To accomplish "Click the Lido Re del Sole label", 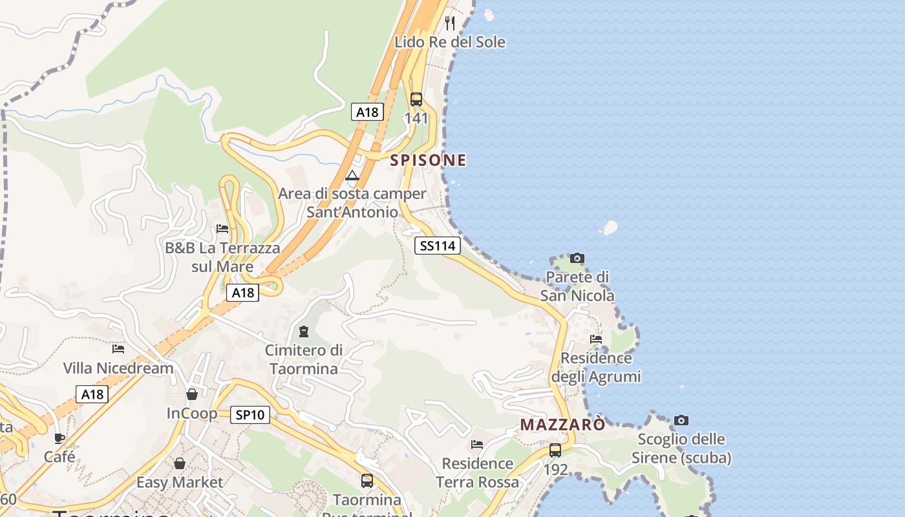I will click(450, 42).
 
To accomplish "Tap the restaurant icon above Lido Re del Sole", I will click(450, 23).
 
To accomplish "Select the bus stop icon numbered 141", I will click(416, 100).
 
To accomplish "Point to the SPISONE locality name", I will click(428, 160).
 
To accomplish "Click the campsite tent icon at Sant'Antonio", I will click(352, 175).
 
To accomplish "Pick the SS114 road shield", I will click(437, 246).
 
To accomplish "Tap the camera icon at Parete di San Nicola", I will click(577, 258).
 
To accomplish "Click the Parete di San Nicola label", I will click(577, 286).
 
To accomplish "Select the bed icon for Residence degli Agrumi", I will click(596, 339).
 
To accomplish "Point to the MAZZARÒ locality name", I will click(563, 425).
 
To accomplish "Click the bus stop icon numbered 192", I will click(555, 450).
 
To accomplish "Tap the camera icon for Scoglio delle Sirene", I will click(681, 421).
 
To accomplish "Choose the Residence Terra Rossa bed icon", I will click(477, 445).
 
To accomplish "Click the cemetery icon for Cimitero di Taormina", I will click(304, 332).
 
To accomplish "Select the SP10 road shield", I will click(250, 415).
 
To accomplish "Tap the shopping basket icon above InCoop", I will click(192, 394).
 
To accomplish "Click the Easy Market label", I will click(180, 482).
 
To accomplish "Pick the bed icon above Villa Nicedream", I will click(118, 349).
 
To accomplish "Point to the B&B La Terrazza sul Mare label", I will click(222, 257).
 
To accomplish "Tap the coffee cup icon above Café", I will click(59, 438).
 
